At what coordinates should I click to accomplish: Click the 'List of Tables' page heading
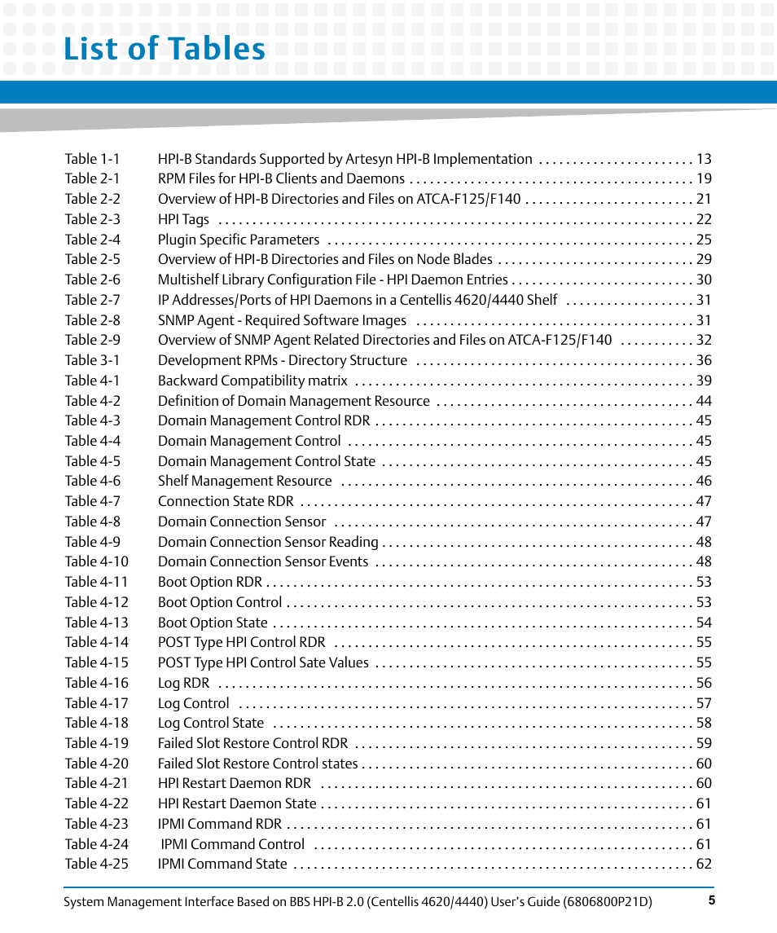165,50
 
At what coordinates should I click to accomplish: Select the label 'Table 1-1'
92,159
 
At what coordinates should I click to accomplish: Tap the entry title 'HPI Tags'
183,219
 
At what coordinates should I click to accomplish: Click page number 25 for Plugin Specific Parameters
704,240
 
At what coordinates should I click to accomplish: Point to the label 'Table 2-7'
92,300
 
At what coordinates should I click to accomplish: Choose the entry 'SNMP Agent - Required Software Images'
282,320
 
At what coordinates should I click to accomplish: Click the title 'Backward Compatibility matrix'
252,381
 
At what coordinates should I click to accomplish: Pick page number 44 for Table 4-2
704,401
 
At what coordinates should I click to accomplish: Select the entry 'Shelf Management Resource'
244,481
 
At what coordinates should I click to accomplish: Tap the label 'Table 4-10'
96,561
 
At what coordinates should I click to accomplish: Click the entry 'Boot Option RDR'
210,582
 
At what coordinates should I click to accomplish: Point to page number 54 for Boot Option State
704,623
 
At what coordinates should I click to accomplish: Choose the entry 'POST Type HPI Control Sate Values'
263,662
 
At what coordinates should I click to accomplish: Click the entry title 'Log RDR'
183,683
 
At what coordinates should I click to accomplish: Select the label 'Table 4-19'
96,743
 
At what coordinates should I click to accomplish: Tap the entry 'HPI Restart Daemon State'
237,803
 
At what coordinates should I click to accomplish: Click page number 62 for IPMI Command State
704,864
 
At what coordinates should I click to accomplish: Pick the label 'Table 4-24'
96,844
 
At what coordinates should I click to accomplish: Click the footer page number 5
711,900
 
